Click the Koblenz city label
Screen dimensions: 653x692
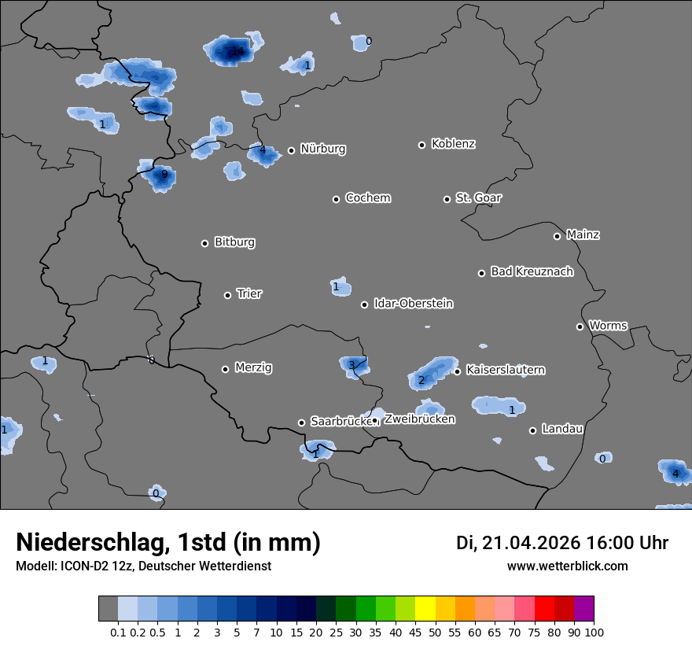coord(453,144)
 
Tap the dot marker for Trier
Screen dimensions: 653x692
coord(228,295)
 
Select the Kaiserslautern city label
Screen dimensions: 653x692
coord(505,370)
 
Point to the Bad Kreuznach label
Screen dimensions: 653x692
coord(532,271)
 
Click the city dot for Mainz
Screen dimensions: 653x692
coord(557,236)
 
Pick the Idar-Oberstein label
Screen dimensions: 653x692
coord(413,304)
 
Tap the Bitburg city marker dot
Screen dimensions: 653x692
coord(204,243)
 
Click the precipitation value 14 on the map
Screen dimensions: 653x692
coord(237,52)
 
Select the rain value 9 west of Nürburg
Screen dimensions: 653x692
coord(164,175)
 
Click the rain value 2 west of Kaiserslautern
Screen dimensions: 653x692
coord(421,381)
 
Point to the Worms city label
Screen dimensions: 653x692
coord(608,326)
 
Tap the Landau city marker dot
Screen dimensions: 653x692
coord(532,430)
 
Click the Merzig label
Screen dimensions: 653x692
coord(253,367)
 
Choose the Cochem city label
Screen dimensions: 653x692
coord(367,197)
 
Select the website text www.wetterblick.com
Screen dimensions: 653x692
coord(567,566)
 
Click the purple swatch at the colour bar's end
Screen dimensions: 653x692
coord(583,609)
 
